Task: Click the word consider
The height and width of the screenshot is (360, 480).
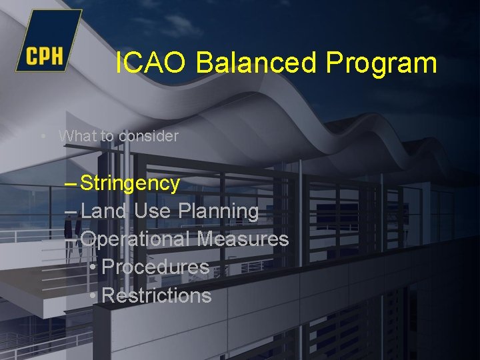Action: (x=149, y=136)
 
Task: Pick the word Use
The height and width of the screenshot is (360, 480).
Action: (x=153, y=211)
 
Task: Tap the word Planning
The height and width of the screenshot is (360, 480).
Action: (x=219, y=212)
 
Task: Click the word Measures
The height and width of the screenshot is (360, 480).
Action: (x=243, y=239)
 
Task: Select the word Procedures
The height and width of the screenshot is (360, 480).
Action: (x=156, y=267)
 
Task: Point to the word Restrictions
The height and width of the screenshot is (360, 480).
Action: (x=157, y=295)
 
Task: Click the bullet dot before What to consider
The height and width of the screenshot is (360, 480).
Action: (x=43, y=136)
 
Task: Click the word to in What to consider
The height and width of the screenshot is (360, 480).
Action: (x=107, y=136)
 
